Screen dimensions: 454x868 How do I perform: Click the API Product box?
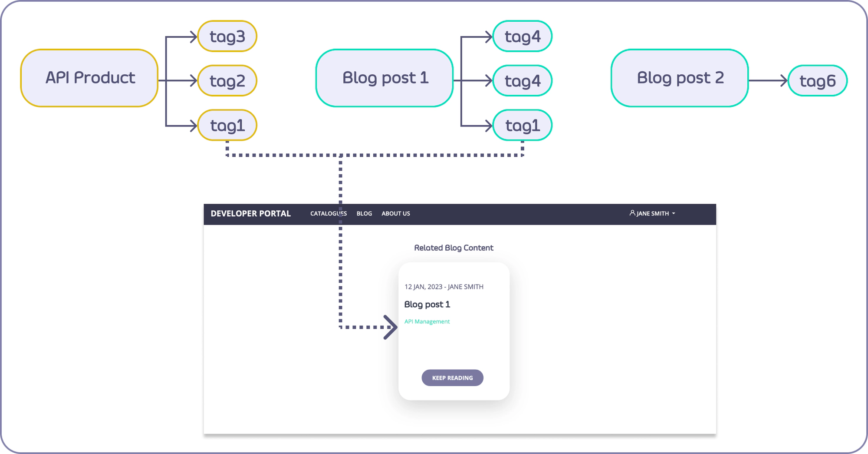pos(89,78)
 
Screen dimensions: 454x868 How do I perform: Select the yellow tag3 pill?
pos(227,36)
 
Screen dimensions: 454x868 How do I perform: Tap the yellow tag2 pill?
pos(227,81)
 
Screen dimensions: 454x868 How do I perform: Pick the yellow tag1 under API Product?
pos(227,126)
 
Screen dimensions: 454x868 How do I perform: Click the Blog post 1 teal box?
pos(385,78)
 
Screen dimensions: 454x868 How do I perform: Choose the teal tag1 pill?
pos(522,126)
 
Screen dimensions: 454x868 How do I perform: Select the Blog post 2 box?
pos(680,78)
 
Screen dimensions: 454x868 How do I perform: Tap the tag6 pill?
pos(817,81)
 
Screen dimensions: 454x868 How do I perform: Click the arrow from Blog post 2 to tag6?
pos(768,81)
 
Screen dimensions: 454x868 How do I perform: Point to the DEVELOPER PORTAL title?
pos(250,214)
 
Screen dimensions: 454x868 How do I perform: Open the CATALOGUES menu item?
pos(328,214)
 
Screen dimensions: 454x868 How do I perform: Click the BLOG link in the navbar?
pos(364,214)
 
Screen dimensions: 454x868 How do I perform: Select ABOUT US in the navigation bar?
pos(395,214)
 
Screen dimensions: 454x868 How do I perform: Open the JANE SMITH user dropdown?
pos(652,214)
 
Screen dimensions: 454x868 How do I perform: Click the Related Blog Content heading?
pos(454,248)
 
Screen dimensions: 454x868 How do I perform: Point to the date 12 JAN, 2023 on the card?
pos(423,287)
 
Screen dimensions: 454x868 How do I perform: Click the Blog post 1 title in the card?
pos(427,305)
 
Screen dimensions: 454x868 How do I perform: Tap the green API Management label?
pos(427,321)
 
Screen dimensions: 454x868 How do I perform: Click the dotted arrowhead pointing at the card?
pos(391,327)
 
